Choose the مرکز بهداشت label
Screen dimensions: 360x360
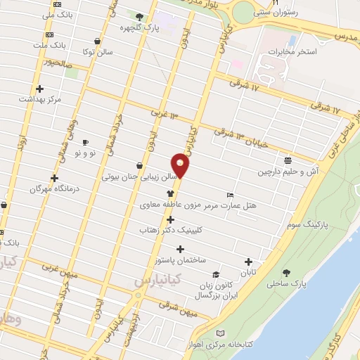point(59,99)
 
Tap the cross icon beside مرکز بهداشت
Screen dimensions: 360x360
point(40,89)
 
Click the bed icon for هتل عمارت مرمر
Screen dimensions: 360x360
point(230,195)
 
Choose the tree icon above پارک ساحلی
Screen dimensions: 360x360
point(286,273)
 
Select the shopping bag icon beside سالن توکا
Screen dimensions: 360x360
point(105,41)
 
